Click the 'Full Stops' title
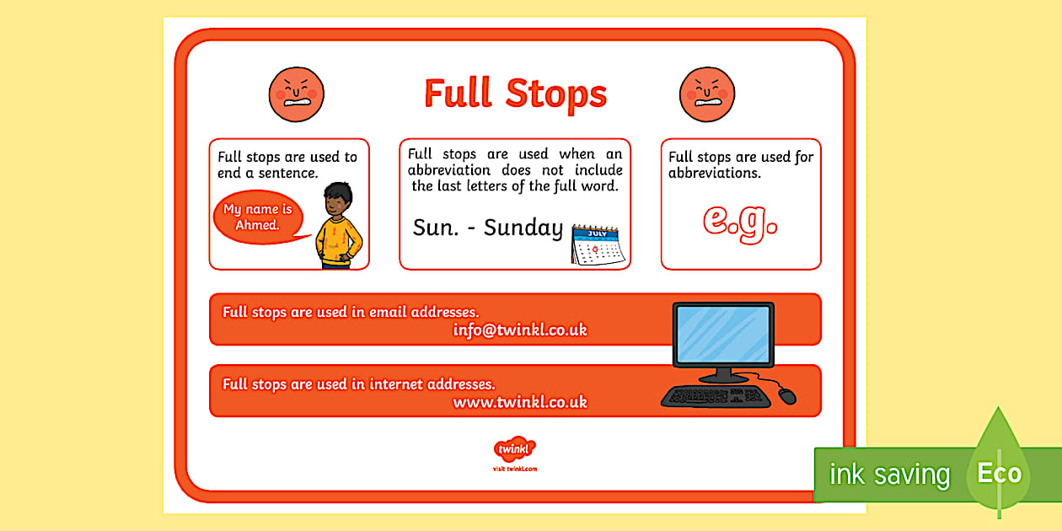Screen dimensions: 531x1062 [515, 93]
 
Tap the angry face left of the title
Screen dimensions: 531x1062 [296, 94]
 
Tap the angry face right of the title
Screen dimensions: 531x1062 [707, 94]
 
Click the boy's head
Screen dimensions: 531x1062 [338, 201]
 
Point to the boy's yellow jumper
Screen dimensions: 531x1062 [339, 239]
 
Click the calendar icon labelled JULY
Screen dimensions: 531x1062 [597, 243]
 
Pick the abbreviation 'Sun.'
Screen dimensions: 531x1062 [436, 228]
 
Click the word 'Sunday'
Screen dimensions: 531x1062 [523, 228]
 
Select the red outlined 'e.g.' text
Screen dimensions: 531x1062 [740, 220]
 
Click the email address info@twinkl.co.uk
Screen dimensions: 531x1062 [519, 330]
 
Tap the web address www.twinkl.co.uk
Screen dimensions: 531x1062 [519, 402]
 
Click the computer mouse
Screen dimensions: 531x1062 [786, 395]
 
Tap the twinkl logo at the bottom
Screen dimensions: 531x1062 [514, 449]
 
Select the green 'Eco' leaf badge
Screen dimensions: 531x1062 [1000, 472]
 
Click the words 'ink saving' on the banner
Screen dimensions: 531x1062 [889, 475]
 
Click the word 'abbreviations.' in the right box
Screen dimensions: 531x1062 [714, 174]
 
